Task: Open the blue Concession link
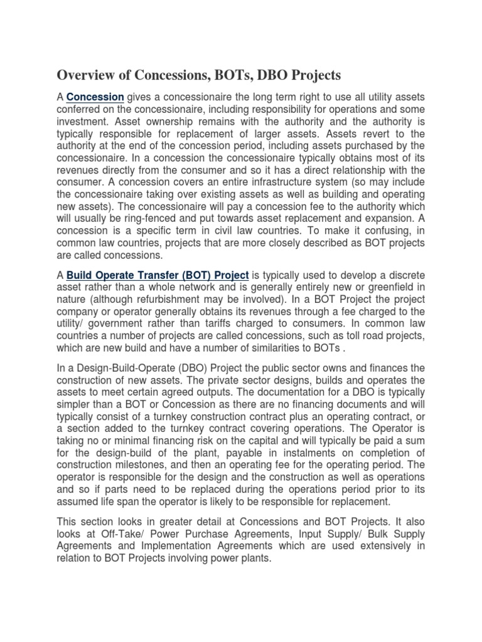(x=95, y=97)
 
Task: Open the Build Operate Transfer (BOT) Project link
(x=158, y=274)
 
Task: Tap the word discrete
(x=407, y=274)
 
